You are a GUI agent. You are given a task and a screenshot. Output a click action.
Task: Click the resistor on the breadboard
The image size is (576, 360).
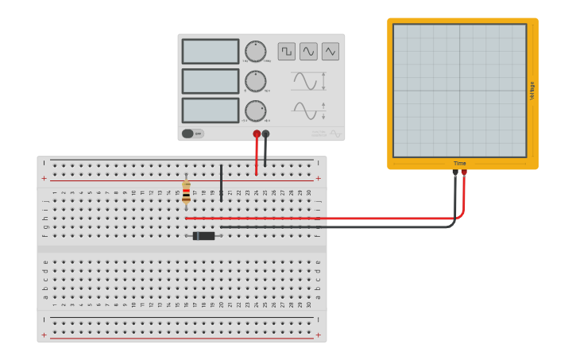coord(186,192)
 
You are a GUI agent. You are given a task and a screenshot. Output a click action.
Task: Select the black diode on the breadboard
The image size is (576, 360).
coord(204,236)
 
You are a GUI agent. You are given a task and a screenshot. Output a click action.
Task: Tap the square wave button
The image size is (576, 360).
coord(286,52)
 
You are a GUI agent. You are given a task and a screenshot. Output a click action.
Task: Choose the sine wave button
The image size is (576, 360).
coord(308,52)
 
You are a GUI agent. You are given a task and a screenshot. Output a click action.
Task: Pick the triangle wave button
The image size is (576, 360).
coord(331,52)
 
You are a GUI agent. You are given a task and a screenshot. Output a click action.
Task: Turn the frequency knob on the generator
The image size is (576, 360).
coord(256,51)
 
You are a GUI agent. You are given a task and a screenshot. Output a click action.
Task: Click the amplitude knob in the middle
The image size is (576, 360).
coord(256,81)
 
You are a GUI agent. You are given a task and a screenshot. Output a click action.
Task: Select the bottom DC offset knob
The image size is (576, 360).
coord(256,110)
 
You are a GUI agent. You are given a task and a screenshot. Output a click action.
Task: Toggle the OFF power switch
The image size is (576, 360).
coord(192,134)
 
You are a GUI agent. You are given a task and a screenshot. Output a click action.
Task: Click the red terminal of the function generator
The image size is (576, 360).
coord(257,134)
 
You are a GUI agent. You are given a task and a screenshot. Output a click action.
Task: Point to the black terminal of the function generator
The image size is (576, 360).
coord(266,134)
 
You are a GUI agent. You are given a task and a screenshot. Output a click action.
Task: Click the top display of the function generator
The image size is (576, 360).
coord(211,52)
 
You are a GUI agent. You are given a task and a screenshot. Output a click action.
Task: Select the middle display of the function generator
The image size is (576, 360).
coord(211,81)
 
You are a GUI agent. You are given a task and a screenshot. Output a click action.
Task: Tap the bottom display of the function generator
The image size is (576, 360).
coord(211,110)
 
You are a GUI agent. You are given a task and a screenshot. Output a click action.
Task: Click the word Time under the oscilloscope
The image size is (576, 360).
coord(460,164)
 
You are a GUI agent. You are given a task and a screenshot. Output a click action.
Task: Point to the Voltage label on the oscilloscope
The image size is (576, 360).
coord(532,90)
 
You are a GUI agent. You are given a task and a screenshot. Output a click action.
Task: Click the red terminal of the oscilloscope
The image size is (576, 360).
coord(464,172)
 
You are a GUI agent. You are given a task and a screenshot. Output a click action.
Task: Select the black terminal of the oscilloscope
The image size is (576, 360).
coord(455,172)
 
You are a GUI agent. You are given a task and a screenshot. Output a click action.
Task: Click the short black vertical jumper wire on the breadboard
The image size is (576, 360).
coord(222,184)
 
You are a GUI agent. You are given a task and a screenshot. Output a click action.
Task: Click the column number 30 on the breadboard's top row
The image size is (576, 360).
coord(309,192)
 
